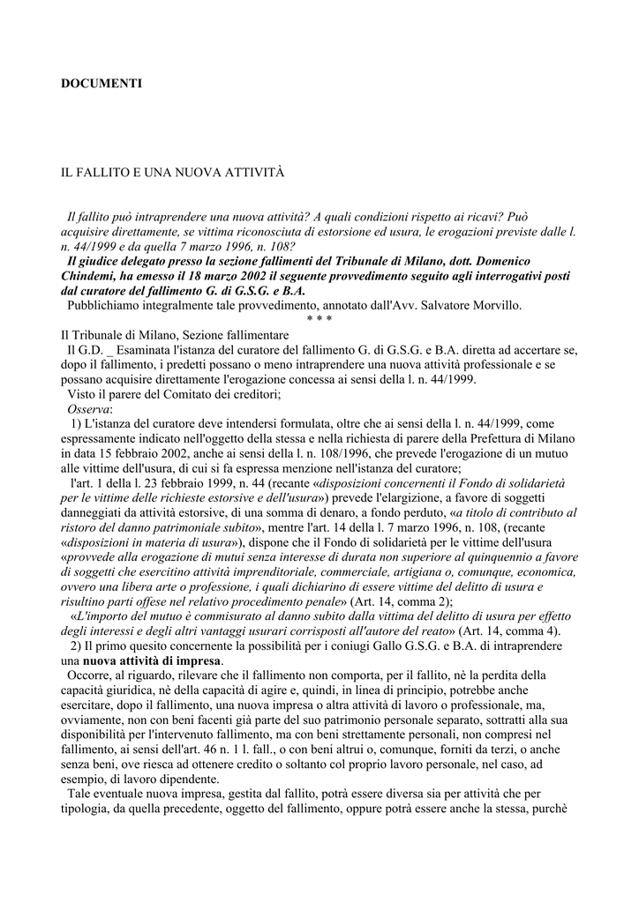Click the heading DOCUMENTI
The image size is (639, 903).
(101, 84)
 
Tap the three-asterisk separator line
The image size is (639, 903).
(319, 318)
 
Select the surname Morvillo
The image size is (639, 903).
(498, 305)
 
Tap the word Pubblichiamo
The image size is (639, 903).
(107, 305)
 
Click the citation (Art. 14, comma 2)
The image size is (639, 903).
(369, 601)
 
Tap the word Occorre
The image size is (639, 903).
(90, 676)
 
